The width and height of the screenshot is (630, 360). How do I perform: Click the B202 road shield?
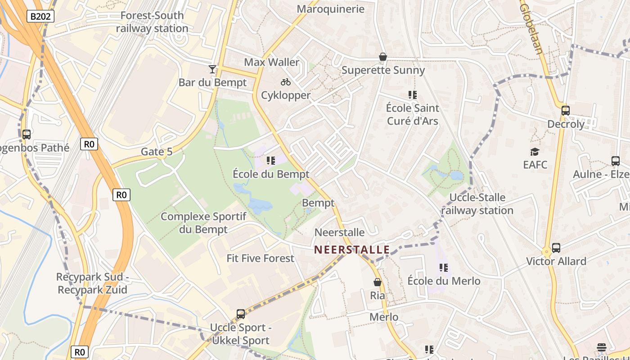click(40, 17)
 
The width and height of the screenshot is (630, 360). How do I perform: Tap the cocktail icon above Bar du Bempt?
click(212, 69)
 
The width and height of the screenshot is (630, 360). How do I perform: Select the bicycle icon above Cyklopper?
click(286, 82)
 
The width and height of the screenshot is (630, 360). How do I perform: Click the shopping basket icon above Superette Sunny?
click(383, 57)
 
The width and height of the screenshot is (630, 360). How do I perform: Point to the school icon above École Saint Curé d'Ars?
click(413, 95)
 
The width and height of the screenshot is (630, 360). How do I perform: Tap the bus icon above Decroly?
click(566, 111)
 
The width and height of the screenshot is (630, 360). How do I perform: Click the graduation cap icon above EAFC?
click(535, 152)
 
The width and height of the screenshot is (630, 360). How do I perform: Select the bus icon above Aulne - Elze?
click(616, 161)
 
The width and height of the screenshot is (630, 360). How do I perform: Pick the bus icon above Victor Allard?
click(556, 248)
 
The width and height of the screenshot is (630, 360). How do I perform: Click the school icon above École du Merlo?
click(444, 268)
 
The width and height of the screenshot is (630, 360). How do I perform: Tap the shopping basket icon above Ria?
click(378, 282)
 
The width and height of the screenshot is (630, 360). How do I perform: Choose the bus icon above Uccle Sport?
click(241, 314)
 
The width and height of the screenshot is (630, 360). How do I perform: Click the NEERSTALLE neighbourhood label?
click(352, 249)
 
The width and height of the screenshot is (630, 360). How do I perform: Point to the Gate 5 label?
click(157, 152)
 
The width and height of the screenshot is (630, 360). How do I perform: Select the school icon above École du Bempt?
click(271, 161)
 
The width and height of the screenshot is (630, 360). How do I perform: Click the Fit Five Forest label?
click(260, 258)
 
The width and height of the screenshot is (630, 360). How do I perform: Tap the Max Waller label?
click(271, 62)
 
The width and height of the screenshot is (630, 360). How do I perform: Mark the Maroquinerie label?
click(331, 9)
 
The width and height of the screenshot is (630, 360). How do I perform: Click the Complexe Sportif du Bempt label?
click(203, 223)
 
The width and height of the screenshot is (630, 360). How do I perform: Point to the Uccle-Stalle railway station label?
click(477, 204)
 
